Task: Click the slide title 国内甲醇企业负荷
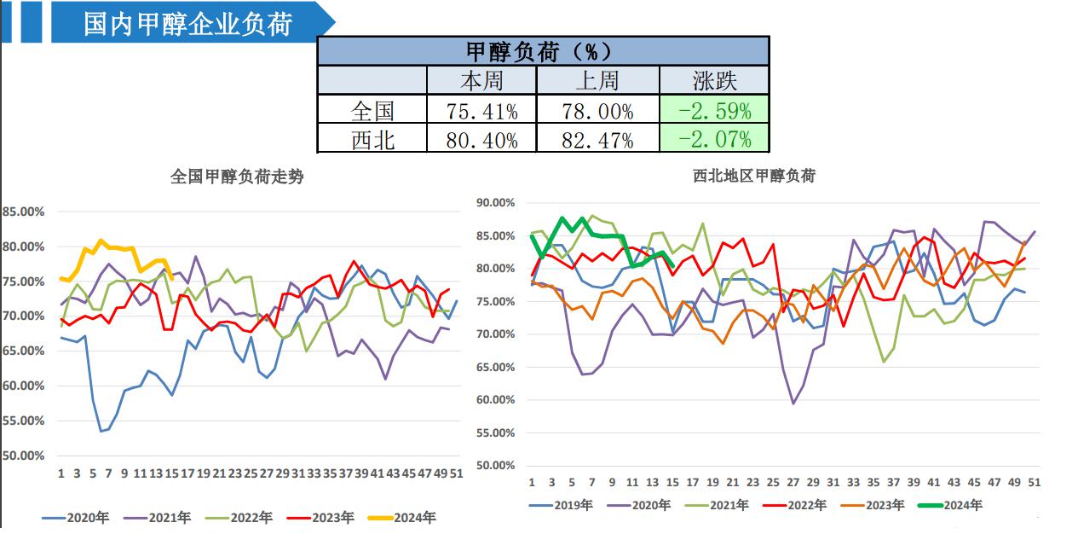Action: [x=188, y=23]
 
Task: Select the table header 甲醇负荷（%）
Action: [x=543, y=51]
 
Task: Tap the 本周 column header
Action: [x=481, y=81]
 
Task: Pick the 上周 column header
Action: [x=597, y=81]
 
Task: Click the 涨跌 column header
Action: [x=714, y=81]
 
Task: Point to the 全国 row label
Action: [x=372, y=110]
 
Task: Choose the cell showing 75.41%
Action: [x=481, y=111]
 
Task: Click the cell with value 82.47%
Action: [x=597, y=139]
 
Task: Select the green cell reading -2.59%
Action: [x=714, y=110]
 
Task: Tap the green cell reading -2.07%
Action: [x=714, y=138]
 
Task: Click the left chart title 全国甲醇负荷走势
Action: [x=237, y=177]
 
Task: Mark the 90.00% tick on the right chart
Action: [x=495, y=203]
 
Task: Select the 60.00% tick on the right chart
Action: [x=495, y=400]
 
